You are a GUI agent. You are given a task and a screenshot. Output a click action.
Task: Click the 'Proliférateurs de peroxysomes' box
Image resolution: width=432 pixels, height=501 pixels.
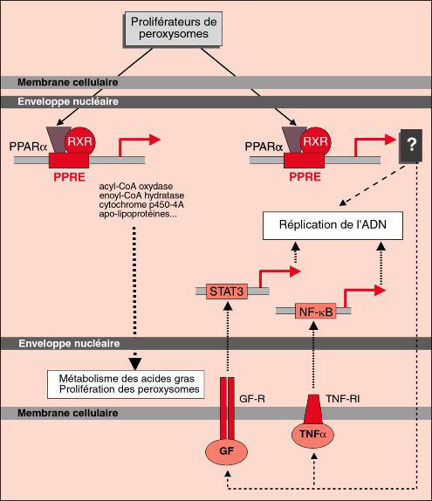click(x=173, y=29)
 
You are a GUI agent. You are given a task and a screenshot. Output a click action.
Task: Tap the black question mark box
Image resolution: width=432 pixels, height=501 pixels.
click(x=411, y=146)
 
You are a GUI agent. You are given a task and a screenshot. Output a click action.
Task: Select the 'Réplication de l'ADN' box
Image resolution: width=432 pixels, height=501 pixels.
click(x=333, y=225)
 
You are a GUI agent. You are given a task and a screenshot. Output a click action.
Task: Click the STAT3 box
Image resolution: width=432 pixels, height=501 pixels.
click(x=227, y=291)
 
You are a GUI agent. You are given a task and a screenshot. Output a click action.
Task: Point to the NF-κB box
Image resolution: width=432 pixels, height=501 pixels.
click(x=316, y=311)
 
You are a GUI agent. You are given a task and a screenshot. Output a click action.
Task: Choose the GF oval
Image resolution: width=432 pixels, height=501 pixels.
click(x=226, y=451)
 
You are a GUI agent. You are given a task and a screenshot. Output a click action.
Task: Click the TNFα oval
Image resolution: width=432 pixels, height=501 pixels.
click(x=312, y=434)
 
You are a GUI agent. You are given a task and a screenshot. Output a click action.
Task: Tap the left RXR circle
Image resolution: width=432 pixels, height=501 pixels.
click(x=80, y=142)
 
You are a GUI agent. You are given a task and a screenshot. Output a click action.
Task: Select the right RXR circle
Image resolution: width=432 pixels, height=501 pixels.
click(x=316, y=142)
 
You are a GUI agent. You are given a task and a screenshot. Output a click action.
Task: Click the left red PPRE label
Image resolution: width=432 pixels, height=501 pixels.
click(x=69, y=177)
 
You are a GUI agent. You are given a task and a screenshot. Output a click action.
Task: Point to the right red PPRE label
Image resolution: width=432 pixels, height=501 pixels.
click(x=305, y=176)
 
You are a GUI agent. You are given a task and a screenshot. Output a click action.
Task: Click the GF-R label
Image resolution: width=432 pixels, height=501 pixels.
click(x=252, y=399)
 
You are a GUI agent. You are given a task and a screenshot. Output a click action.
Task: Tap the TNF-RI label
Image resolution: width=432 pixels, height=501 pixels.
click(x=342, y=399)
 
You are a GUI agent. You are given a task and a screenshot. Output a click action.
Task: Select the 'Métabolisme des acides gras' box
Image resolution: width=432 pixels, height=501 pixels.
click(x=126, y=384)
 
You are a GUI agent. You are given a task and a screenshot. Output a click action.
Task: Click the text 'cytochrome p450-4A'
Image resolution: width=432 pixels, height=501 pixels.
click(x=141, y=204)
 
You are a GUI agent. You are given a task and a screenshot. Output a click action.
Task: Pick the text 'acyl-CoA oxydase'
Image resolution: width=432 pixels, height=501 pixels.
click(x=136, y=186)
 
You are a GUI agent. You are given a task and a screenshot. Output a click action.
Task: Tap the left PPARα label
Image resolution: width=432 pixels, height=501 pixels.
click(x=29, y=147)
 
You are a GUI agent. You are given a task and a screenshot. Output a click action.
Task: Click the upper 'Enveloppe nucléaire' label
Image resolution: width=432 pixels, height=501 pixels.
click(x=68, y=101)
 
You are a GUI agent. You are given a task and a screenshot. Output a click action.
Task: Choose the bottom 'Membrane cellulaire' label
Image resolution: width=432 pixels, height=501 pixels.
click(x=68, y=413)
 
